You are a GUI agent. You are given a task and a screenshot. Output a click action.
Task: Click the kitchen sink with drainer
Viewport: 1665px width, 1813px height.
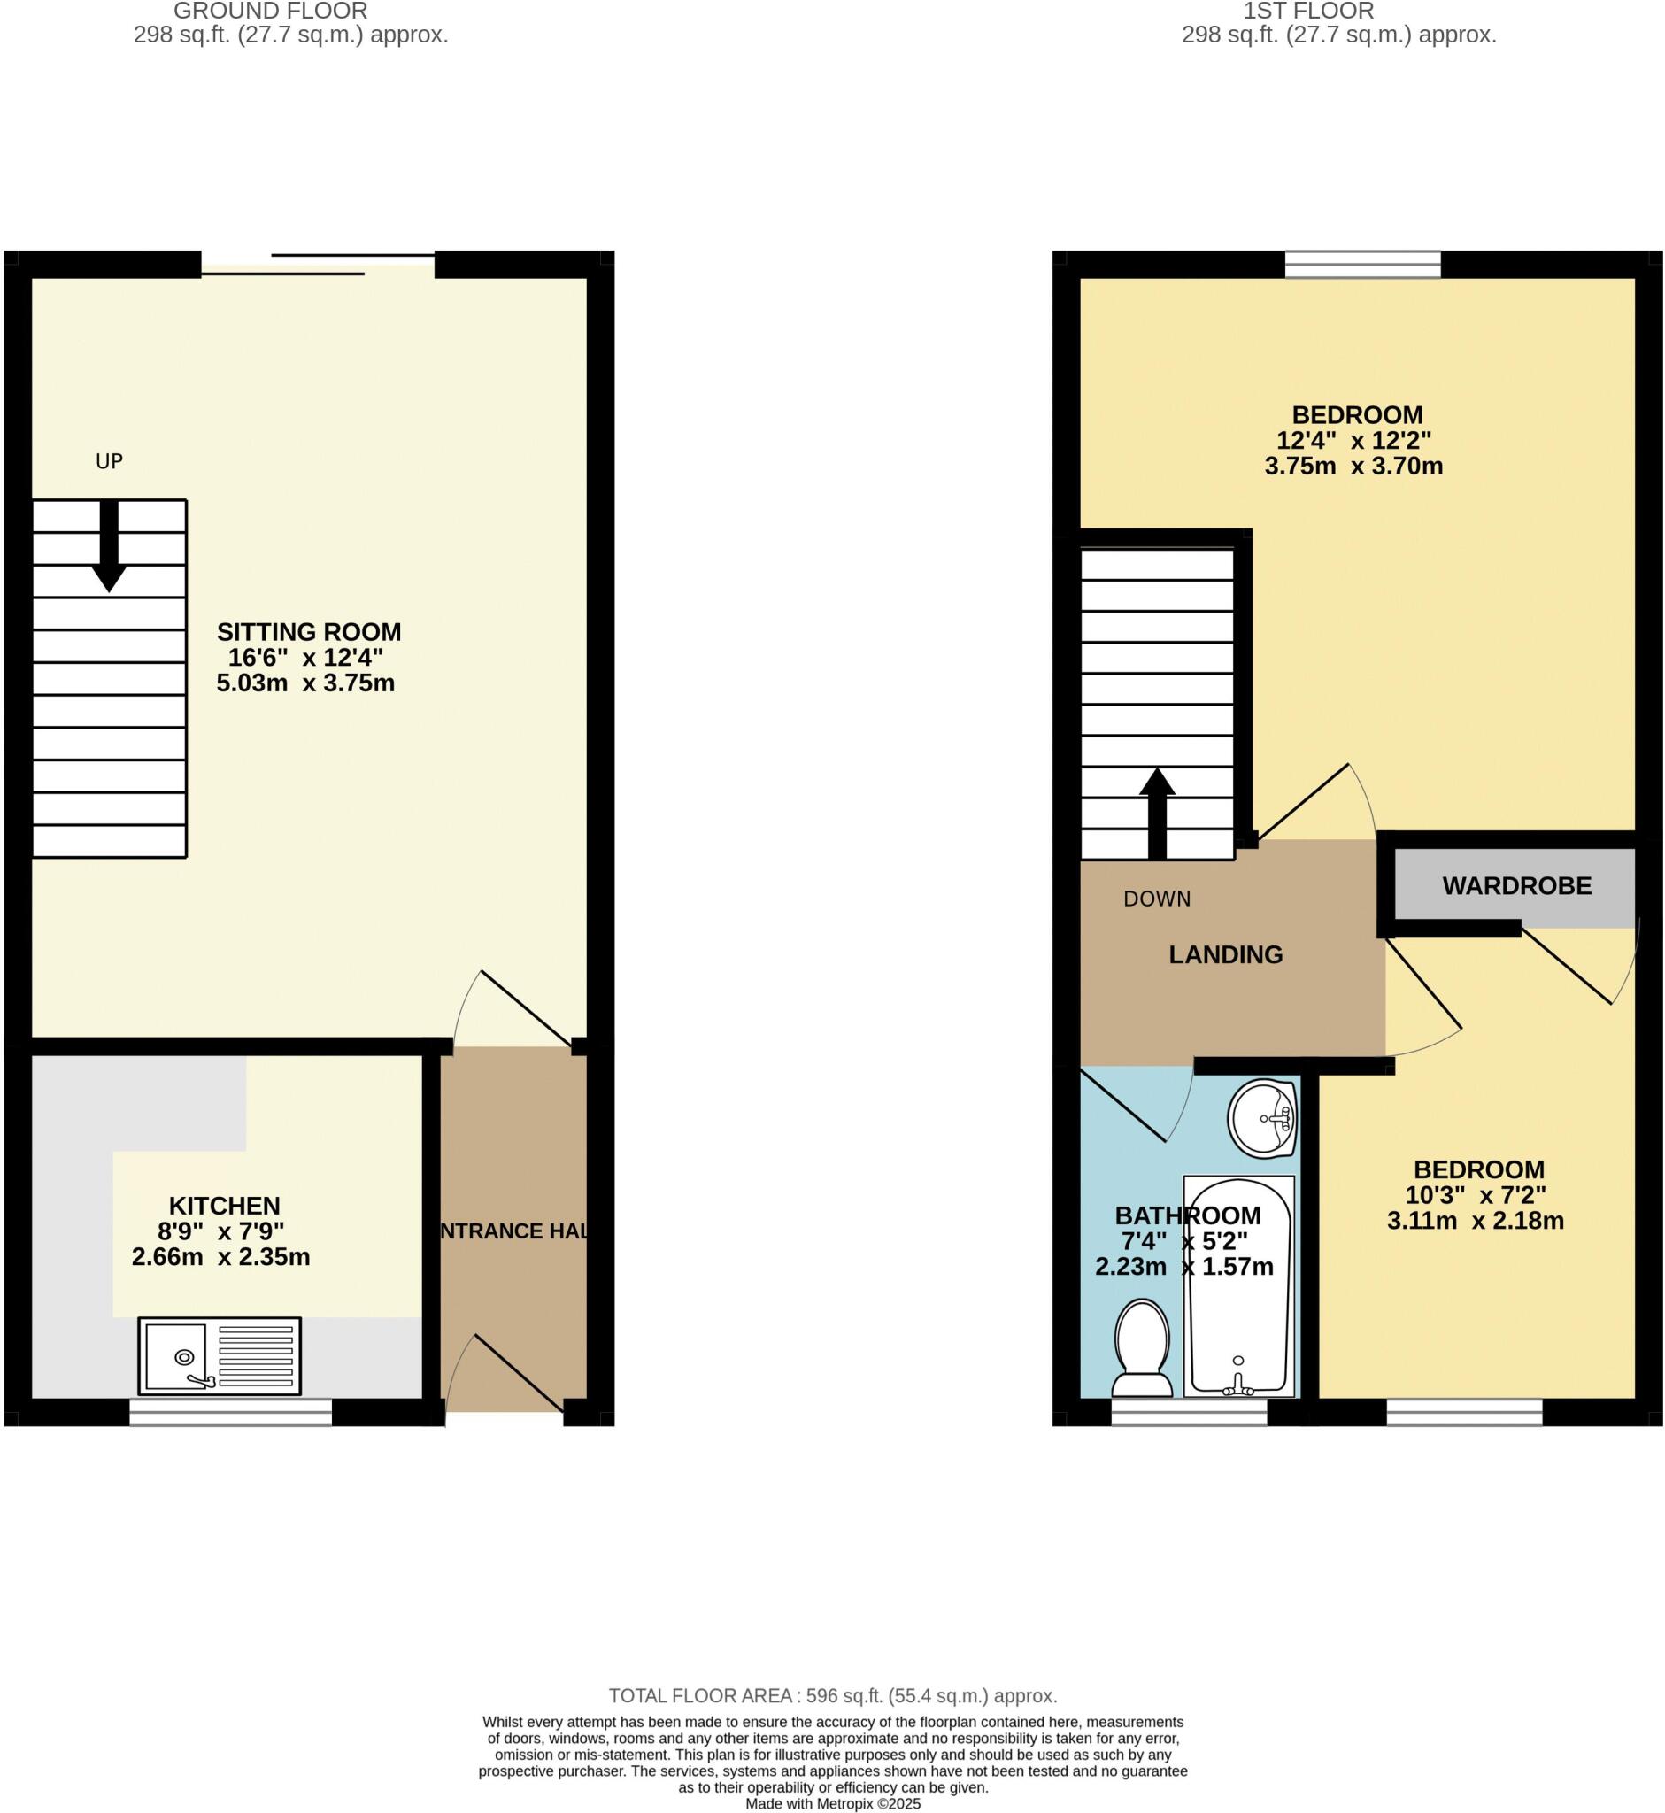pos(219,1356)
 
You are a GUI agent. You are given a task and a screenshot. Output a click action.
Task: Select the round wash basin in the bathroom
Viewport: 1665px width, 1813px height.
pos(1261,1117)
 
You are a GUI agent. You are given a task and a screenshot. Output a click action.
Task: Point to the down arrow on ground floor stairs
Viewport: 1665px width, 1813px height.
pos(109,546)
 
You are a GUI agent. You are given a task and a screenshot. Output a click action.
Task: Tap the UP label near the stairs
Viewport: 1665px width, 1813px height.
pos(109,461)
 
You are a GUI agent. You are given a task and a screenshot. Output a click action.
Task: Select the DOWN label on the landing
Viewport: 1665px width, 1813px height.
pos(1157,899)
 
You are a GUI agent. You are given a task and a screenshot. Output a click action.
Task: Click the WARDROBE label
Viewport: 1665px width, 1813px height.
pos(1516,886)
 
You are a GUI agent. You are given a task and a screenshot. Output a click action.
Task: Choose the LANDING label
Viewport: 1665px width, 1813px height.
pos(1225,954)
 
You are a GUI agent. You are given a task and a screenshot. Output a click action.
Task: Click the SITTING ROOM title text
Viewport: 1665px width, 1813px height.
pos(308,632)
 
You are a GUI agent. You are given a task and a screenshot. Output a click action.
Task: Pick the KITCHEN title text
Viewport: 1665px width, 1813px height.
pos(224,1206)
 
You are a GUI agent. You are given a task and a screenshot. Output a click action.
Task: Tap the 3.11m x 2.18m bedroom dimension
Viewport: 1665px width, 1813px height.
pos(1475,1221)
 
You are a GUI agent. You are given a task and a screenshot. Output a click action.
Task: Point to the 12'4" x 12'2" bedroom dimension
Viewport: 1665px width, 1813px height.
pos(1353,441)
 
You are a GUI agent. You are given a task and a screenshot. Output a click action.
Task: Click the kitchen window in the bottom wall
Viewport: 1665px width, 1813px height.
pos(231,1412)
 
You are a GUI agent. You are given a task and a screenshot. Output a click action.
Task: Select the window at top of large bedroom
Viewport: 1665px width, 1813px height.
pos(1362,264)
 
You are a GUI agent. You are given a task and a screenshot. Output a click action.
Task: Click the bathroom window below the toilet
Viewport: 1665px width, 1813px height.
pos(1189,1412)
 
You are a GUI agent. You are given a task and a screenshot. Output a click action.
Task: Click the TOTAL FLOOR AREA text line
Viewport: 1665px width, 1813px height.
pos(832,1696)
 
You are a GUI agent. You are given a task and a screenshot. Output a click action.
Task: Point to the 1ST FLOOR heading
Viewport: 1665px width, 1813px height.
pos(1308,12)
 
